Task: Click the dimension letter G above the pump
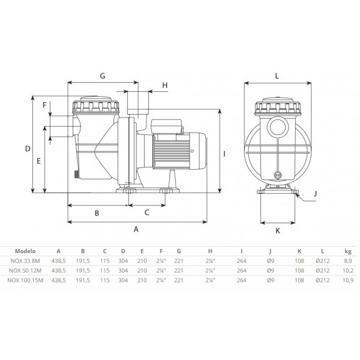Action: pyautogui.click(x=103, y=76)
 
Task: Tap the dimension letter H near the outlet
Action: pyautogui.click(x=165, y=85)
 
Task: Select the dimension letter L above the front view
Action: pyautogui.click(x=277, y=76)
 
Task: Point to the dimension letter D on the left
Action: pyautogui.click(x=28, y=149)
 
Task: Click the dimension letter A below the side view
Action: pyautogui.click(x=136, y=229)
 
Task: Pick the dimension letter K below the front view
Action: pyautogui.click(x=278, y=231)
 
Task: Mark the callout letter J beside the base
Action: pyautogui.click(x=315, y=194)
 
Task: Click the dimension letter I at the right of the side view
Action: pyautogui.click(x=224, y=154)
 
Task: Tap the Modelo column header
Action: pyautogui.click(x=25, y=251)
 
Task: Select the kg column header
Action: pyautogui.click(x=348, y=251)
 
